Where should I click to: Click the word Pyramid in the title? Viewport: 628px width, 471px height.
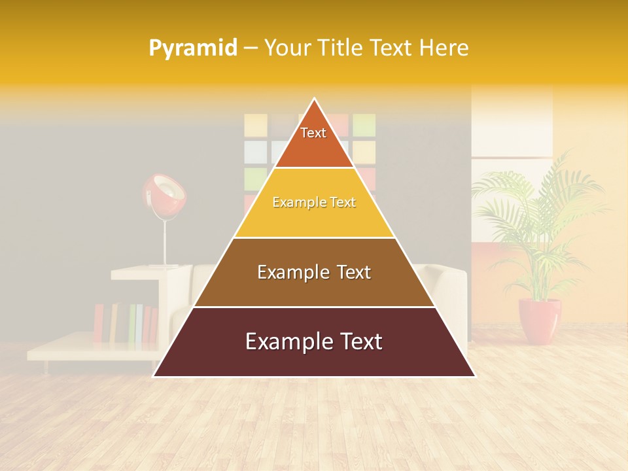click(192, 48)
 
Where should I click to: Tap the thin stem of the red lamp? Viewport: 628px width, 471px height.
click(165, 239)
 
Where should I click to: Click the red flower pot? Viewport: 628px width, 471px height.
click(540, 321)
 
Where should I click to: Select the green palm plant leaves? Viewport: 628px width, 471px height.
click(536, 216)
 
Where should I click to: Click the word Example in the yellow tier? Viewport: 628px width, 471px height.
click(296, 203)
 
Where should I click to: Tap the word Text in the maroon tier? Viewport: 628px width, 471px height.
click(359, 341)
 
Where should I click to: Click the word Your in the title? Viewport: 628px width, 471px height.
click(287, 48)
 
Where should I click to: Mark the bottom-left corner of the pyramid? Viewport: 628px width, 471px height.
click(154, 376)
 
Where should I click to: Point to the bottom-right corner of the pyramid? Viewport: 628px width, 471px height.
click(475, 376)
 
